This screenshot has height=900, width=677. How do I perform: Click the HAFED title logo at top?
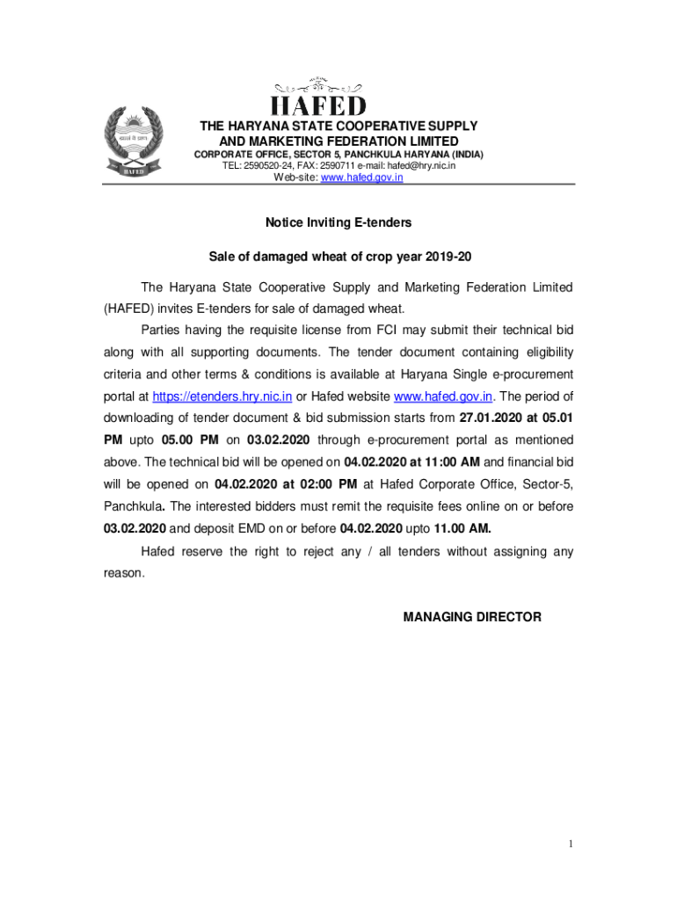click(318, 105)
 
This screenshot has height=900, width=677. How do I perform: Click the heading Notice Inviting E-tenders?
click(338, 223)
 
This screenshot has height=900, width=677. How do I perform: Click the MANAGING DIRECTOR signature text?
click(472, 617)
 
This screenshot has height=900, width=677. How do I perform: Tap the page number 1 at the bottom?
click(570, 846)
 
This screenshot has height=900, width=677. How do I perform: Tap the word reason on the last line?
click(120, 572)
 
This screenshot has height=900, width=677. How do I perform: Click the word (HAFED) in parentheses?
click(128, 308)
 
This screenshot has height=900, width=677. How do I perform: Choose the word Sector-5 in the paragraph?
click(548, 483)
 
